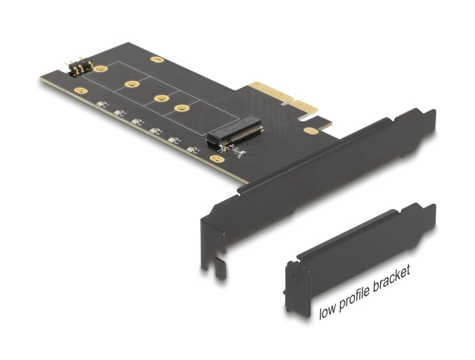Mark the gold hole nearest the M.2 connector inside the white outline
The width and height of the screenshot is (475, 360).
coord(180,109)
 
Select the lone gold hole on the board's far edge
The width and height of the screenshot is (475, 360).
coord(157,60)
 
